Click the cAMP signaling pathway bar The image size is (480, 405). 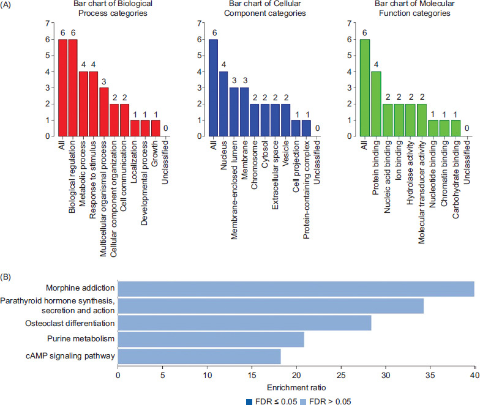click(x=199, y=357)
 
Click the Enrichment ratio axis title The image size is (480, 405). click(x=296, y=387)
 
